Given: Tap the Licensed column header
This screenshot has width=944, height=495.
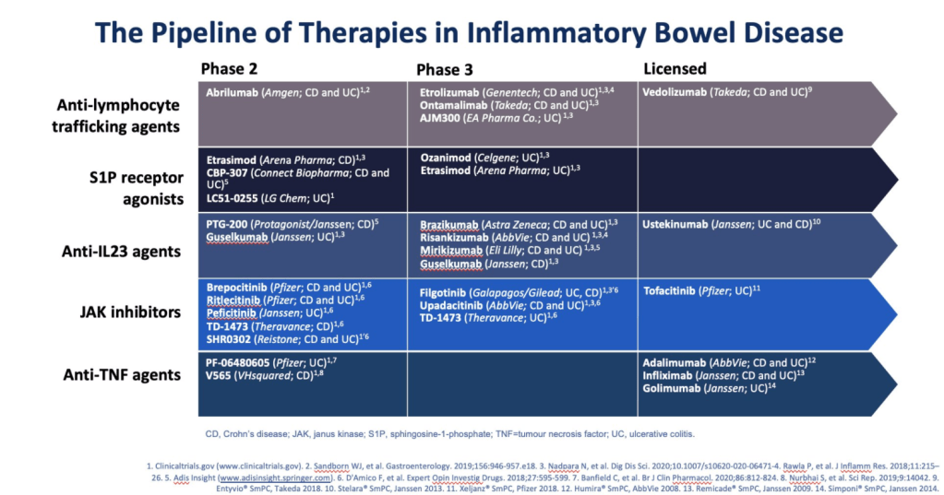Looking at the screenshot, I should tap(675, 68).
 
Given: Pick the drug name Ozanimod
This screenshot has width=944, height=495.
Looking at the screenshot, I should tap(449, 158).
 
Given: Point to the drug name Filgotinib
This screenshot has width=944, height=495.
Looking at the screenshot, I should tap(448, 292).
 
